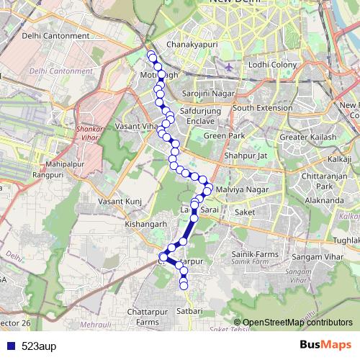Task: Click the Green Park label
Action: (x=224, y=135)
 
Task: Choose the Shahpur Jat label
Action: (x=246, y=155)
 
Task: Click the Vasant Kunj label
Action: (x=119, y=202)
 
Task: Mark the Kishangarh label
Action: (x=146, y=224)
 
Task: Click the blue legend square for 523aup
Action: (x=9, y=346)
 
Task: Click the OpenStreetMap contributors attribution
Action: (x=297, y=322)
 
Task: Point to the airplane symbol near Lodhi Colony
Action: (x=229, y=67)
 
